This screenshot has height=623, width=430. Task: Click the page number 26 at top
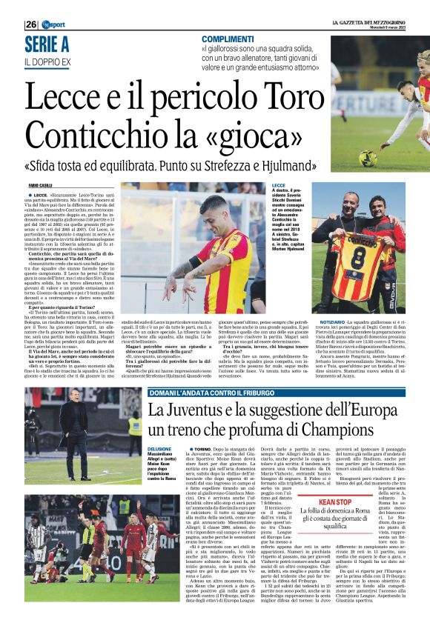click(x=30, y=24)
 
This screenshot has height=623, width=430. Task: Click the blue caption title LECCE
click(x=279, y=184)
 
